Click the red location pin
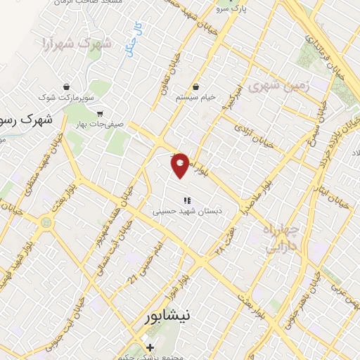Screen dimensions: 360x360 point(181,165)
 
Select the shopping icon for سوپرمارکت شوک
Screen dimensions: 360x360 point(65,87)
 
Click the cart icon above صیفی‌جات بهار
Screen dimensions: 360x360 point(99,112)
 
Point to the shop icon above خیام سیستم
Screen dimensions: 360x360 point(195,86)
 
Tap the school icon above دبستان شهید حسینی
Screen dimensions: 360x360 point(186,199)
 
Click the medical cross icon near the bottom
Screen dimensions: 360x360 point(149,347)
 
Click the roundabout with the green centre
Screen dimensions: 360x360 point(47,223)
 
